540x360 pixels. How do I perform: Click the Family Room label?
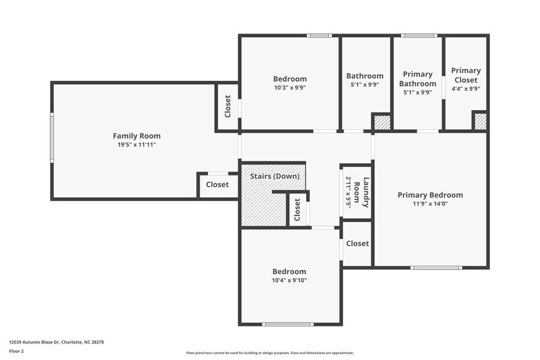pyautogui.click(x=137, y=136)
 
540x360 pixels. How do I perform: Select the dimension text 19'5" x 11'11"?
pyautogui.click(x=137, y=145)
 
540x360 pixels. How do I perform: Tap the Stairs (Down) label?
pyautogui.click(x=275, y=176)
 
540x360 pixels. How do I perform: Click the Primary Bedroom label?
pyautogui.click(x=430, y=195)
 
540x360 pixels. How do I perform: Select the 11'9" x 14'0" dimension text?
pyautogui.click(x=430, y=204)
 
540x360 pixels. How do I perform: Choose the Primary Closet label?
pyautogui.click(x=466, y=75)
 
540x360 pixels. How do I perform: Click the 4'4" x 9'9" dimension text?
pyautogui.click(x=466, y=88)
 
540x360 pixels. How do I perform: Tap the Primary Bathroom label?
pyautogui.click(x=418, y=79)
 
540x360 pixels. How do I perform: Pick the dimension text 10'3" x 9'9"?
pyautogui.click(x=290, y=88)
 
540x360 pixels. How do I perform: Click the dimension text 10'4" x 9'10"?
pyautogui.click(x=290, y=280)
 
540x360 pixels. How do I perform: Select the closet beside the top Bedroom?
pyautogui.click(x=227, y=107)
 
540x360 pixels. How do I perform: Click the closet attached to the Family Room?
pyautogui.click(x=217, y=185)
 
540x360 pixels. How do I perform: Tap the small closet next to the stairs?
pyautogui.click(x=298, y=209)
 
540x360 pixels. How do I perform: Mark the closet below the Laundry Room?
pyautogui.click(x=357, y=244)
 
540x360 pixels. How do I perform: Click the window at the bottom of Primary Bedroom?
pyautogui.click(x=436, y=268)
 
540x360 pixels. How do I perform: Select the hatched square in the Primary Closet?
pyautogui.click(x=481, y=121)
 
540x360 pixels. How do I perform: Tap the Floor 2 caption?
pyautogui.click(x=17, y=351)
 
